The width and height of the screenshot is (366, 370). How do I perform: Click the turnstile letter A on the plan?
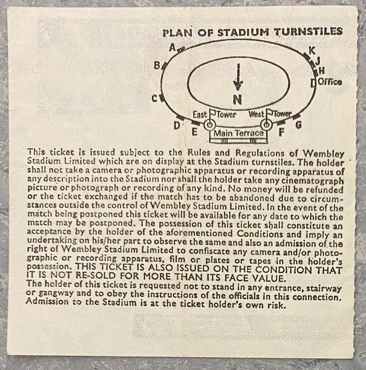173,48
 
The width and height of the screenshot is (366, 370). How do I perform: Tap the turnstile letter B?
157,65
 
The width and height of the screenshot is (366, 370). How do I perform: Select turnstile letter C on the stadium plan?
155,99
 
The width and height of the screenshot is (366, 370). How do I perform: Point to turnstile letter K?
312,51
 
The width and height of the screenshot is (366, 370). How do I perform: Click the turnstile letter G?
299,125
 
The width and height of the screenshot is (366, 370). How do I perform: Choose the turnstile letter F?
281,133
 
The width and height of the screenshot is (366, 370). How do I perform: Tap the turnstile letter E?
194,132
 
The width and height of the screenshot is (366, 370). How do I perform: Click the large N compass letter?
238,99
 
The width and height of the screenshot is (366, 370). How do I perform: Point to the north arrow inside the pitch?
238,77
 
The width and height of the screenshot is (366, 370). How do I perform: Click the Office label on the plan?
330,82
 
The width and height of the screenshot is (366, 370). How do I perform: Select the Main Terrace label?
238,133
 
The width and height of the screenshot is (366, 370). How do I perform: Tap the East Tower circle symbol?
209,125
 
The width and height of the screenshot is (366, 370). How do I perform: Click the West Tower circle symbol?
266,125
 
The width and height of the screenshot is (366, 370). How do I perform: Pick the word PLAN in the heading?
178,33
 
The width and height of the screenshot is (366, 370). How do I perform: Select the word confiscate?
209,251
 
